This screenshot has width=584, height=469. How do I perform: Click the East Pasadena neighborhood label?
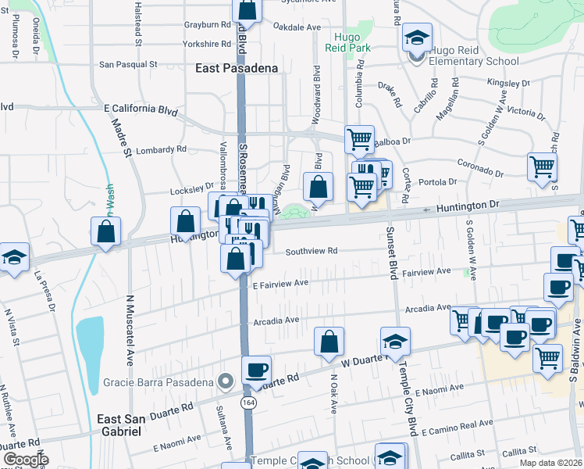tap(236, 68)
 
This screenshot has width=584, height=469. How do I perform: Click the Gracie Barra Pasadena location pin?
tap(226, 381)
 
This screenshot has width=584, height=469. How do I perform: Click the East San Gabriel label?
tap(119, 424)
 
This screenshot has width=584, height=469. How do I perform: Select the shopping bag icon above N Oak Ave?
tap(329, 342)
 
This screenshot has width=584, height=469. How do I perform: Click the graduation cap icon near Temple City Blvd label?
tap(395, 342)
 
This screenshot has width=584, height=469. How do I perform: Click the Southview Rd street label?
tap(311, 251)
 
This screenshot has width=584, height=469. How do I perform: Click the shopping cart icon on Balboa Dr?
tap(359, 141)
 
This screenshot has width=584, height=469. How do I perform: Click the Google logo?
tap(25, 460)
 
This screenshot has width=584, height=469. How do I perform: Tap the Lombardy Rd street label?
tap(162, 149)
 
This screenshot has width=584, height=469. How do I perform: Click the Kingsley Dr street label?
tap(507, 82)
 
